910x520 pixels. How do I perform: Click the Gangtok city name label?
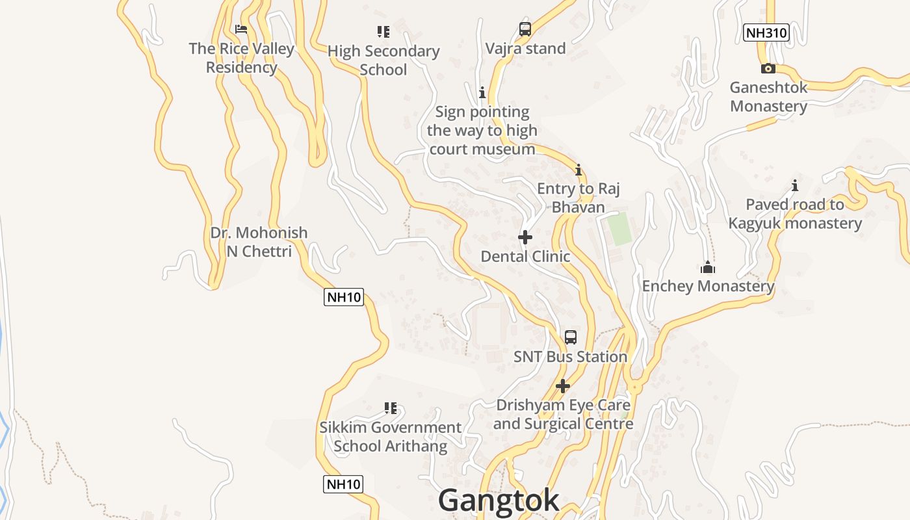499,500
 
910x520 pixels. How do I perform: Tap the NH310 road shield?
766,32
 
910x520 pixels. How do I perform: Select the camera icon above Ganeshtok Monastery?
768,68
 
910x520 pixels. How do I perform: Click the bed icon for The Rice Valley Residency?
241,29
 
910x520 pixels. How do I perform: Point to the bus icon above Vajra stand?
525,29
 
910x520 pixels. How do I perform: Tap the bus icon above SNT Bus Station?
570,337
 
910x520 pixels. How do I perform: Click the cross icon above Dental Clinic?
525,237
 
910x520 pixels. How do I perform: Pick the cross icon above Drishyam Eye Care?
563,386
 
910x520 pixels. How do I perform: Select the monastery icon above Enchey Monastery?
708,267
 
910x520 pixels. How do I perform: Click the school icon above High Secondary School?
383,31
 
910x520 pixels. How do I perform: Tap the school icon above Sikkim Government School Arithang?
391,408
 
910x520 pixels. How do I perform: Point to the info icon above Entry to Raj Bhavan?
578,170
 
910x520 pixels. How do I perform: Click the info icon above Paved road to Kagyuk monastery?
794,185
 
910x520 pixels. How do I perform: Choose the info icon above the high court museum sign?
482,93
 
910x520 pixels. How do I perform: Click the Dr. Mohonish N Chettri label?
259,242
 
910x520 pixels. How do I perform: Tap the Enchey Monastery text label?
708,286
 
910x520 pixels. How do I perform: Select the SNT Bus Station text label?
570,357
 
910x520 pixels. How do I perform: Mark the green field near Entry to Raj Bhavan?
619,229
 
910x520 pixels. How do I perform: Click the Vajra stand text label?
525,49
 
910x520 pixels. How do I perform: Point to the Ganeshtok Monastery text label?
768,97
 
